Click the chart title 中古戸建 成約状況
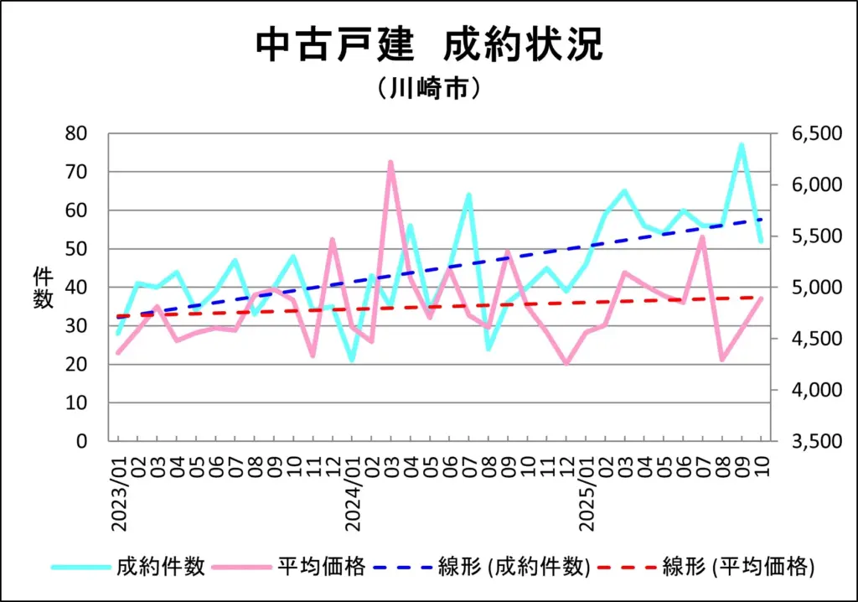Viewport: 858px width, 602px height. click(428, 46)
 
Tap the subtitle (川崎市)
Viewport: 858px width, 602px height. click(428, 88)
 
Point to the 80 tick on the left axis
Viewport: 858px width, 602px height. click(77, 133)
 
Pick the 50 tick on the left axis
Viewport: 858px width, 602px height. click(77, 249)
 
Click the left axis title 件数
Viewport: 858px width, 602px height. click(44, 288)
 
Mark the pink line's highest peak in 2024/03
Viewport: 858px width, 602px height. click(390, 162)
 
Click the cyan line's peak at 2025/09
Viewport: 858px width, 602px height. click(742, 145)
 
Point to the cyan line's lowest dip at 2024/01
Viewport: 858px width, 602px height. click(352, 360)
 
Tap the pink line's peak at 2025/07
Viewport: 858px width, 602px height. click(702, 237)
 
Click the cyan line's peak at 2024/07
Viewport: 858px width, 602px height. click(468, 195)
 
